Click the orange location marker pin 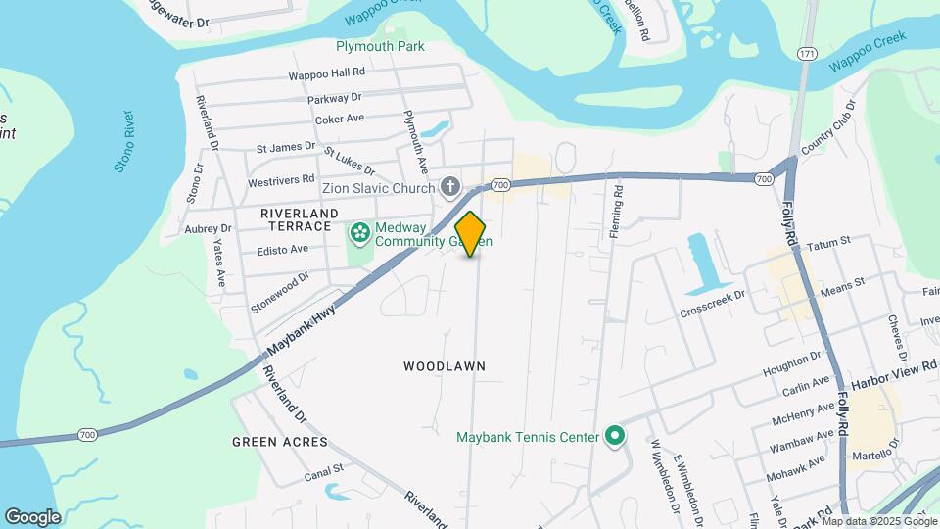(x=471, y=234)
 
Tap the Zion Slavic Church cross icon (x=449, y=186)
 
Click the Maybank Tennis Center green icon (x=615, y=436)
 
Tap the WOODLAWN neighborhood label (x=445, y=366)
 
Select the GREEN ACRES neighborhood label (x=279, y=443)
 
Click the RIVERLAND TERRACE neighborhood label (x=300, y=219)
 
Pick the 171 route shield (x=806, y=52)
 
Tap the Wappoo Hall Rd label (x=326, y=73)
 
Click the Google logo (x=32, y=516)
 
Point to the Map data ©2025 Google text (x=878, y=521)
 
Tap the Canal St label (x=322, y=471)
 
